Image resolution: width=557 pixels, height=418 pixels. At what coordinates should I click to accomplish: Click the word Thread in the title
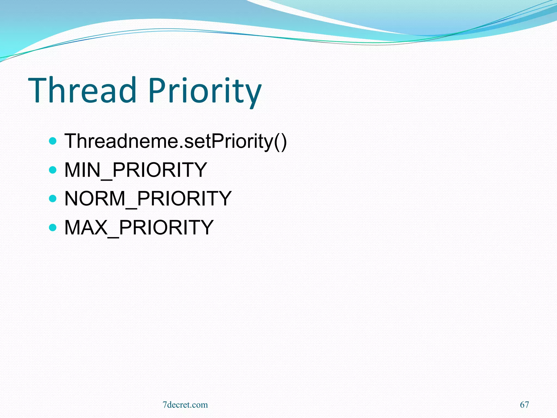(x=82, y=90)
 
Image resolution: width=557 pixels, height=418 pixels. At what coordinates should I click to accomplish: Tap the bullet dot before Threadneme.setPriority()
(x=53, y=141)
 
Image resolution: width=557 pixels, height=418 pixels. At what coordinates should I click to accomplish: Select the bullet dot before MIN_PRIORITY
(x=53, y=170)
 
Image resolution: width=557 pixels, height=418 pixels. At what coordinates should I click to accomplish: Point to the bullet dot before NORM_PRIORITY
(x=53, y=198)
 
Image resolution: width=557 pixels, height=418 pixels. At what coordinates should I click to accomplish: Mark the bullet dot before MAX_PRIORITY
(x=53, y=227)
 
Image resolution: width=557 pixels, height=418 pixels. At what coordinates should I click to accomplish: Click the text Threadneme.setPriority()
(x=175, y=142)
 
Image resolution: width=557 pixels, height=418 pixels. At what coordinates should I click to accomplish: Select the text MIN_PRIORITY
(x=135, y=170)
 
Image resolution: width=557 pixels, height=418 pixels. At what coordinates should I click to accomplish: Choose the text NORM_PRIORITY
(x=148, y=199)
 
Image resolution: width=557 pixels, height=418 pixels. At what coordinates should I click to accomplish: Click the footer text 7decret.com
(x=185, y=405)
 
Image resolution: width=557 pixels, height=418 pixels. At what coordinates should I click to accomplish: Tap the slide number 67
(x=524, y=405)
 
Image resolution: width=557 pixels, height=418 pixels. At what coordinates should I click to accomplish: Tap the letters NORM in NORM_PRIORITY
(x=95, y=199)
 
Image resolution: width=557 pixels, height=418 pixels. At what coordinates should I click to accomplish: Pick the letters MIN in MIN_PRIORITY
(x=82, y=170)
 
